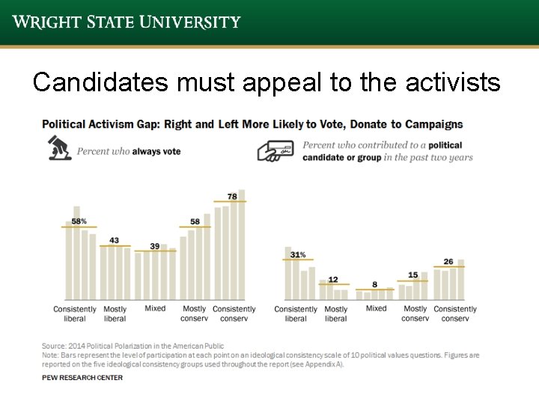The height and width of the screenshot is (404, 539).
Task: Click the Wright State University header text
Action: click(127, 22)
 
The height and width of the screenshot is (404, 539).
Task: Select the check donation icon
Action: click(275, 150)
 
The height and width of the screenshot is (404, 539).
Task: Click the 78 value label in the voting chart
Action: click(232, 197)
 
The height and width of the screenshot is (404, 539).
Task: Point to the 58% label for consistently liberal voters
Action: click(79, 221)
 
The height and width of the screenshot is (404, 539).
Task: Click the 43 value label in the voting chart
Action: click(115, 240)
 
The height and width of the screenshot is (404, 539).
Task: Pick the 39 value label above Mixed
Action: click(155, 246)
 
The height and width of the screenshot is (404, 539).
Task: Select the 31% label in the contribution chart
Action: click(298, 255)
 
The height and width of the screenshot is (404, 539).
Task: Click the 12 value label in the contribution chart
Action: click(333, 279)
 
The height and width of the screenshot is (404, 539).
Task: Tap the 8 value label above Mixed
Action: click(374, 285)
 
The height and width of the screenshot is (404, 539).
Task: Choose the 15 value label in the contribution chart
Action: click(413, 275)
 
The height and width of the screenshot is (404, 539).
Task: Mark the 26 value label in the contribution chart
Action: click(448, 262)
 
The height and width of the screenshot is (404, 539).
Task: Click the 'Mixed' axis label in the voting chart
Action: click(155, 308)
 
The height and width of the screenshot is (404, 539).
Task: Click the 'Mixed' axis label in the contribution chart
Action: click(376, 308)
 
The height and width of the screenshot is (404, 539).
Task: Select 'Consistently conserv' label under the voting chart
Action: click(234, 313)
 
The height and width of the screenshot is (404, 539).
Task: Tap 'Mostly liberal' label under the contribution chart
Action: click(336, 313)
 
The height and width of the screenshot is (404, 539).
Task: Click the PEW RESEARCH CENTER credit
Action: click(82, 378)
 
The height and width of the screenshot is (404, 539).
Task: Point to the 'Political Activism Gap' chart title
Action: click(252, 124)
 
